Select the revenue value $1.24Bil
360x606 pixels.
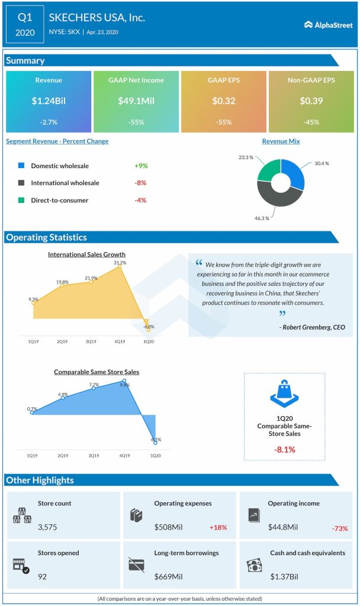49,101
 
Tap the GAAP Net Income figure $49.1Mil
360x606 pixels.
136,101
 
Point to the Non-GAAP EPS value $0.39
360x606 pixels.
311,101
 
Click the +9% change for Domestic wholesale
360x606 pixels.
140,166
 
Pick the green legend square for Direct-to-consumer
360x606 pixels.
21,200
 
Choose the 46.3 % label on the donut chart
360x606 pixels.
262,218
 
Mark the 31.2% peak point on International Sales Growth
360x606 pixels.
120,267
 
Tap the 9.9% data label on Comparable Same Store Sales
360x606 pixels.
124,385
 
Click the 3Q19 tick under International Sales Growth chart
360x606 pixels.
92,341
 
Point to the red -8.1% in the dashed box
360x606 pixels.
284,449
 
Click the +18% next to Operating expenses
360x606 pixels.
218,527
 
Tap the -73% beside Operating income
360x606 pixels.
340,528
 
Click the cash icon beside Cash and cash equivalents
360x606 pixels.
253,565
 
